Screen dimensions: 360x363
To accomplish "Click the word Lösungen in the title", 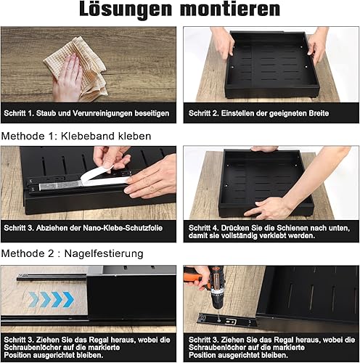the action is coord(126,10).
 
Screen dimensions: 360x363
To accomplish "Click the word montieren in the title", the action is coord(230,9).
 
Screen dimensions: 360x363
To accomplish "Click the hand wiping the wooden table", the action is coord(67,78).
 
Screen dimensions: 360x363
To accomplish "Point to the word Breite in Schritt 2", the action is coord(319,113).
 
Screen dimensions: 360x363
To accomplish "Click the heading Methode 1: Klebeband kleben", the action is coord(76,136).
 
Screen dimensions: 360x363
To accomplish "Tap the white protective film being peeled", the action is coord(97,178).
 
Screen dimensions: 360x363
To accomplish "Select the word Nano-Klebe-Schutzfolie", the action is coord(123,228).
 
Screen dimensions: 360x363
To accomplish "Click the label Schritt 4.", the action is coord(203,228).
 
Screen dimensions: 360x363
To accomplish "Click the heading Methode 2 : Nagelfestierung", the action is coord(73,253).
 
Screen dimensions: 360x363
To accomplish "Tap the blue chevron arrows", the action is coord(51,299).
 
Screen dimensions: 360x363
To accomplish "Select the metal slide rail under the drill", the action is coord(227,320).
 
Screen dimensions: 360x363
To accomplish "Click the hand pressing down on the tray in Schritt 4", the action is coord(268,208).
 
